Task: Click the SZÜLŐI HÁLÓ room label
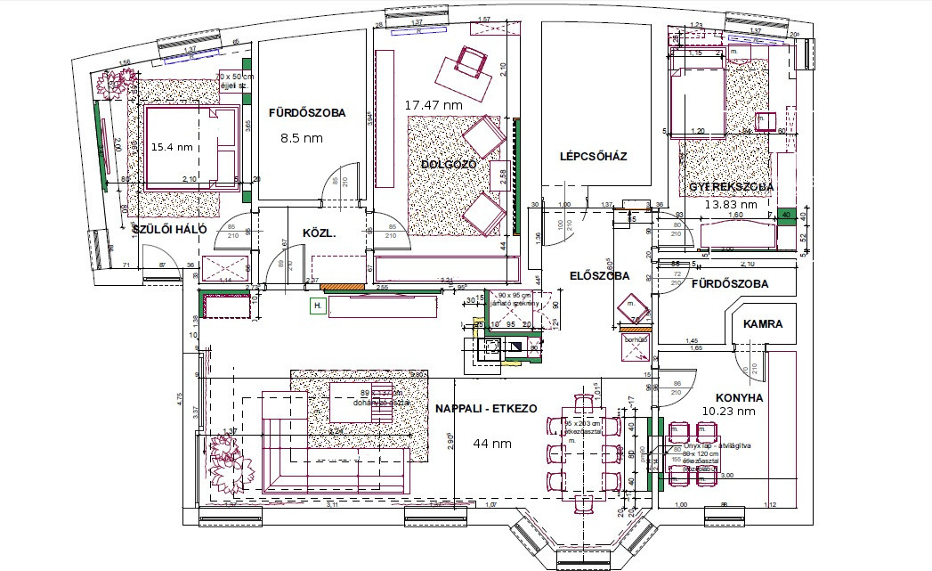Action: (x=169, y=230)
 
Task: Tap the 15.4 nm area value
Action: (x=172, y=146)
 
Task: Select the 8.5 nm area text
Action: (x=301, y=138)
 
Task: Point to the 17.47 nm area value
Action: (x=434, y=105)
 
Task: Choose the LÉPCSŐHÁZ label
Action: (x=593, y=157)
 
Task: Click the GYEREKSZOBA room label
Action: (x=731, y=187)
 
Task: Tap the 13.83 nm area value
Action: (x=731, y=204)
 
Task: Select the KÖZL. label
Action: (x=319, y=233)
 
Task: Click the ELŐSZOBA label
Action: (x=600, y=276)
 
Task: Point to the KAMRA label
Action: (x=762, y=324)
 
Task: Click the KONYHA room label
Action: (x=742, y=397)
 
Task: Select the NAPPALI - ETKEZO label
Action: (x=486, y=408)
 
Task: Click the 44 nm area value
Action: (x=490, y=443)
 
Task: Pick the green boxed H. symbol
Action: (x=316, y=306)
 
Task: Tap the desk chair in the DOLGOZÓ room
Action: (x=469, y=62)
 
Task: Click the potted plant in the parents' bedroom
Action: (x=113, y=85)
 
